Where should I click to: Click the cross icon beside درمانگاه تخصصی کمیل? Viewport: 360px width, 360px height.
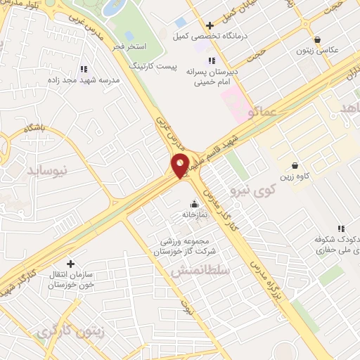click(x=210, y=25)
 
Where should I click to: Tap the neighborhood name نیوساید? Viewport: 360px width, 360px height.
click(x=46, y=169)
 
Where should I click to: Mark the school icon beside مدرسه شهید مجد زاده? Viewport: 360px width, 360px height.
click(x=84, y=69)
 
